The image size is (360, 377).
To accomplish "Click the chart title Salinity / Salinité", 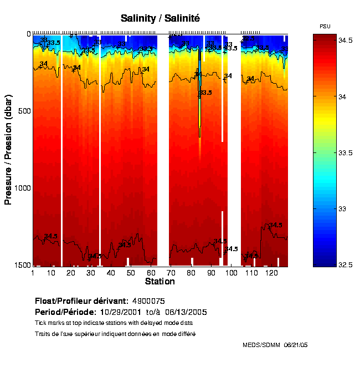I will tap(160, 18).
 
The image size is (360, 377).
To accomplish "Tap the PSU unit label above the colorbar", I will tap(326, 27).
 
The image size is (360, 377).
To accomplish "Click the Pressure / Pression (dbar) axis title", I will tap(8, 150).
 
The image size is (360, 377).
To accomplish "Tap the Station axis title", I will tap(160, 282).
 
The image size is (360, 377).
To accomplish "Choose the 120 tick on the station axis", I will tap(271, 273).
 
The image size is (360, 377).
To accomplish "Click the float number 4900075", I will tap(147, 301).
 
